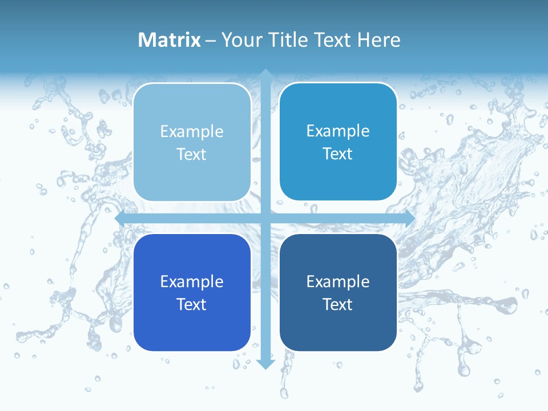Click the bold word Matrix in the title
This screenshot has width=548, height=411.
170,40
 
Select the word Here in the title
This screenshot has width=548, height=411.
378,40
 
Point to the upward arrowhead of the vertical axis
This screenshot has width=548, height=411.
265,74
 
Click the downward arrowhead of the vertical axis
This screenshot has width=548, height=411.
265,364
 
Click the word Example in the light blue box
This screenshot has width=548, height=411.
192,132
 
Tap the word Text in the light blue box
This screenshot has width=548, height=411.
192,154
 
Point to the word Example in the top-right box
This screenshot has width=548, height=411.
338,131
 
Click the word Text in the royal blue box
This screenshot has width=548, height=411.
192,304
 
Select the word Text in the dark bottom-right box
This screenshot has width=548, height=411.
338,304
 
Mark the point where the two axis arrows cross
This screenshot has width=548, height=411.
265,219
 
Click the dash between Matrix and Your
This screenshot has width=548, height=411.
211,41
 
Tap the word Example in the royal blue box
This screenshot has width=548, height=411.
192,282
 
